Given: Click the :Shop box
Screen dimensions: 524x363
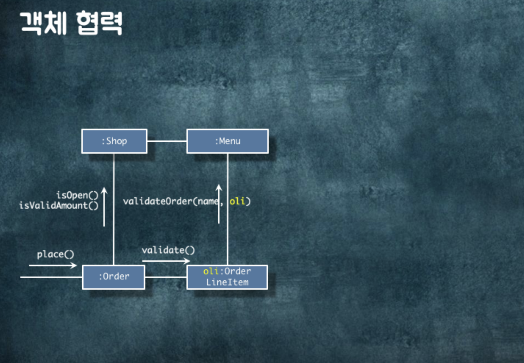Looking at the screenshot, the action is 114,141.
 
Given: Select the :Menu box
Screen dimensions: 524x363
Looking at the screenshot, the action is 228,141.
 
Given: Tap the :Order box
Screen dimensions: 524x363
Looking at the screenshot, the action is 114,277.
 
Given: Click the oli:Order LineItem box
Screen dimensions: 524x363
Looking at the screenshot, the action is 227,277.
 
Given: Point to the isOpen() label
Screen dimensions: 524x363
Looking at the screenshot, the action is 77,195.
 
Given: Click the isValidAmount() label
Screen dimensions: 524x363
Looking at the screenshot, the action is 58,205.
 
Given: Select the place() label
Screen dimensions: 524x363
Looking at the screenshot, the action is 56,254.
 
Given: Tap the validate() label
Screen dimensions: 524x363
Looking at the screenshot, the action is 168,250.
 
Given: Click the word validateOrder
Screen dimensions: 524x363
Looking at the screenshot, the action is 157,201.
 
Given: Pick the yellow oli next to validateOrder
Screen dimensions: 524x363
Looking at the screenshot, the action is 237,201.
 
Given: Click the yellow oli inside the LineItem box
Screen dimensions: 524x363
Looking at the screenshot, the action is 211,271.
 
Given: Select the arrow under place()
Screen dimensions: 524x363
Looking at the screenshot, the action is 53,266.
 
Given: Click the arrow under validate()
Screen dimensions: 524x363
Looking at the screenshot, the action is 166,261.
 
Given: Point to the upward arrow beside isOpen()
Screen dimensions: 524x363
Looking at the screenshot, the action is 104,208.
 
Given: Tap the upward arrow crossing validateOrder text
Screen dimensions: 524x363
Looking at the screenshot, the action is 219,211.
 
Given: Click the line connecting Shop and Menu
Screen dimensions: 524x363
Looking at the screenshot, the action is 167,141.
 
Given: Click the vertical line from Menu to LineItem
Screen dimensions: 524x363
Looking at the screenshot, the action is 228,239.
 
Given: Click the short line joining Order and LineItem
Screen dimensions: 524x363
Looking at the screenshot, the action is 166,277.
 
